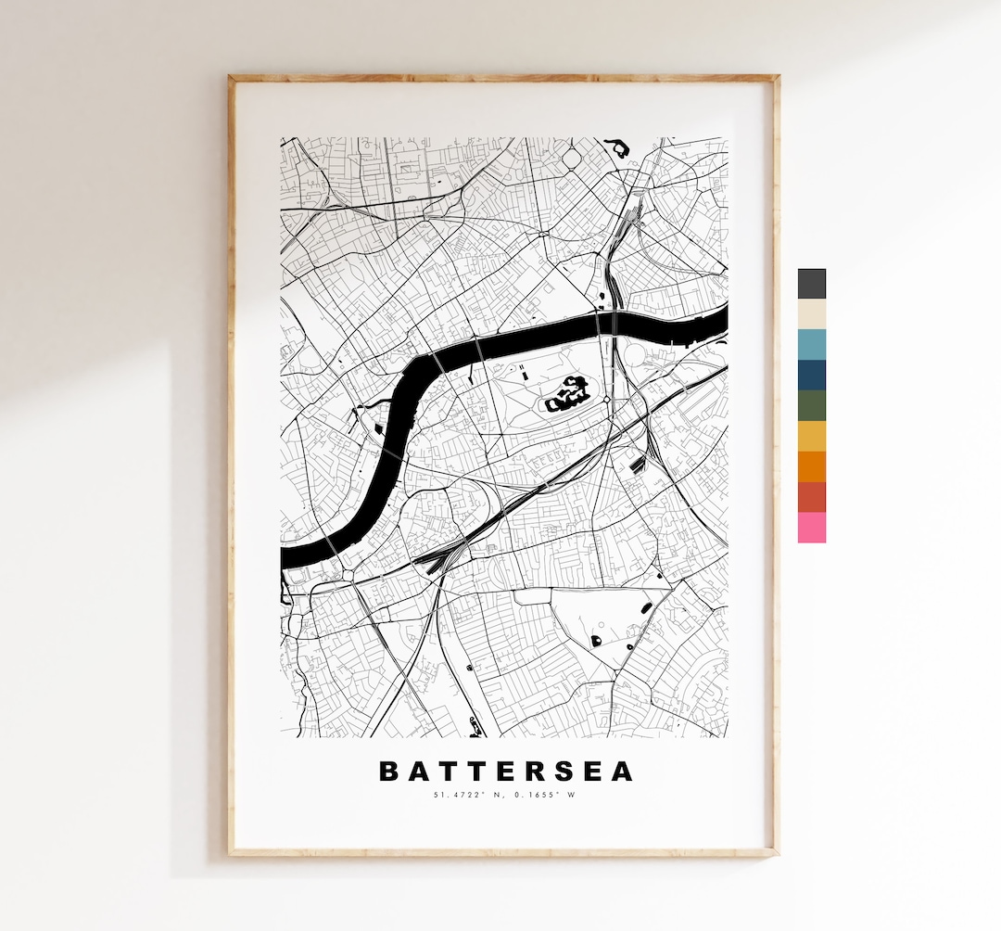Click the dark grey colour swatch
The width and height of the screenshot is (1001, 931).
(x=811, y=284)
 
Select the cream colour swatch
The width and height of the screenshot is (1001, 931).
(x=811, y=314)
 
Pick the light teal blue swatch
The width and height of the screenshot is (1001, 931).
(x=811, y=345)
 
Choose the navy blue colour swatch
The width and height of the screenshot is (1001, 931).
(x=811, y=375)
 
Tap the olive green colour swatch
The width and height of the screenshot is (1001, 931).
(x=811, y=405)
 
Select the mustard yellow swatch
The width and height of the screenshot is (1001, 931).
(x=811, y=436)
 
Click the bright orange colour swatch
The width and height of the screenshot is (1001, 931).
(x=811, y=466)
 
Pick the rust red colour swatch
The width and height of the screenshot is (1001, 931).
(x=811, y=497)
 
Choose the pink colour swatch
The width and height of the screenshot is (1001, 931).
(x=811, y=528)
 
